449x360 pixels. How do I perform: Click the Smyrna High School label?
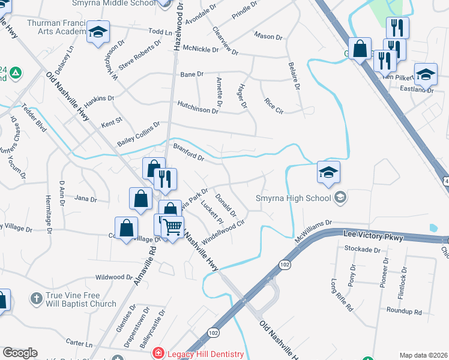[x=293, y=198]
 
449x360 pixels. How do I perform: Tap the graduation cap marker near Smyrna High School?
[x=328, y=173]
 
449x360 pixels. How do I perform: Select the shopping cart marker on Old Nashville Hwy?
[x=173, y=227]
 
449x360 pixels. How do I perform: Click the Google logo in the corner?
[x=20, y=353]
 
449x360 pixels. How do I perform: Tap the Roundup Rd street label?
[x=404, y=312]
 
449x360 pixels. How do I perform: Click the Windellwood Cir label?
[x=224, y=230]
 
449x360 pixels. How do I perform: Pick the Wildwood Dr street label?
[x=114, y=278]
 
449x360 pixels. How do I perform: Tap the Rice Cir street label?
[x=274, y=106]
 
